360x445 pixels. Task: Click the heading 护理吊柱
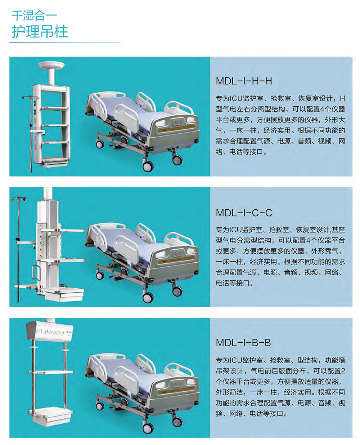(40, 32)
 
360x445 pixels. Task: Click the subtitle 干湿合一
(34, 15)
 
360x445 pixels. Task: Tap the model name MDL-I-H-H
(244, 81)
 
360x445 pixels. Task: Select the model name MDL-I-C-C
(244, 213)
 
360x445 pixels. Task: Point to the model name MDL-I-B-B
(243, 343)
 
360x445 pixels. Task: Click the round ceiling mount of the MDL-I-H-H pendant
(51, 65)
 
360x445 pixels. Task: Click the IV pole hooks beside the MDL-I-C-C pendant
(19, 199)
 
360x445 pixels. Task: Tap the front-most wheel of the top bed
(148, 166)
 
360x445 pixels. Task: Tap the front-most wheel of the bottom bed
(148, 428)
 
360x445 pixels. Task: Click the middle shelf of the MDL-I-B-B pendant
(51, 372)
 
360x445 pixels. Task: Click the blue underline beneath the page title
(64, 43)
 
